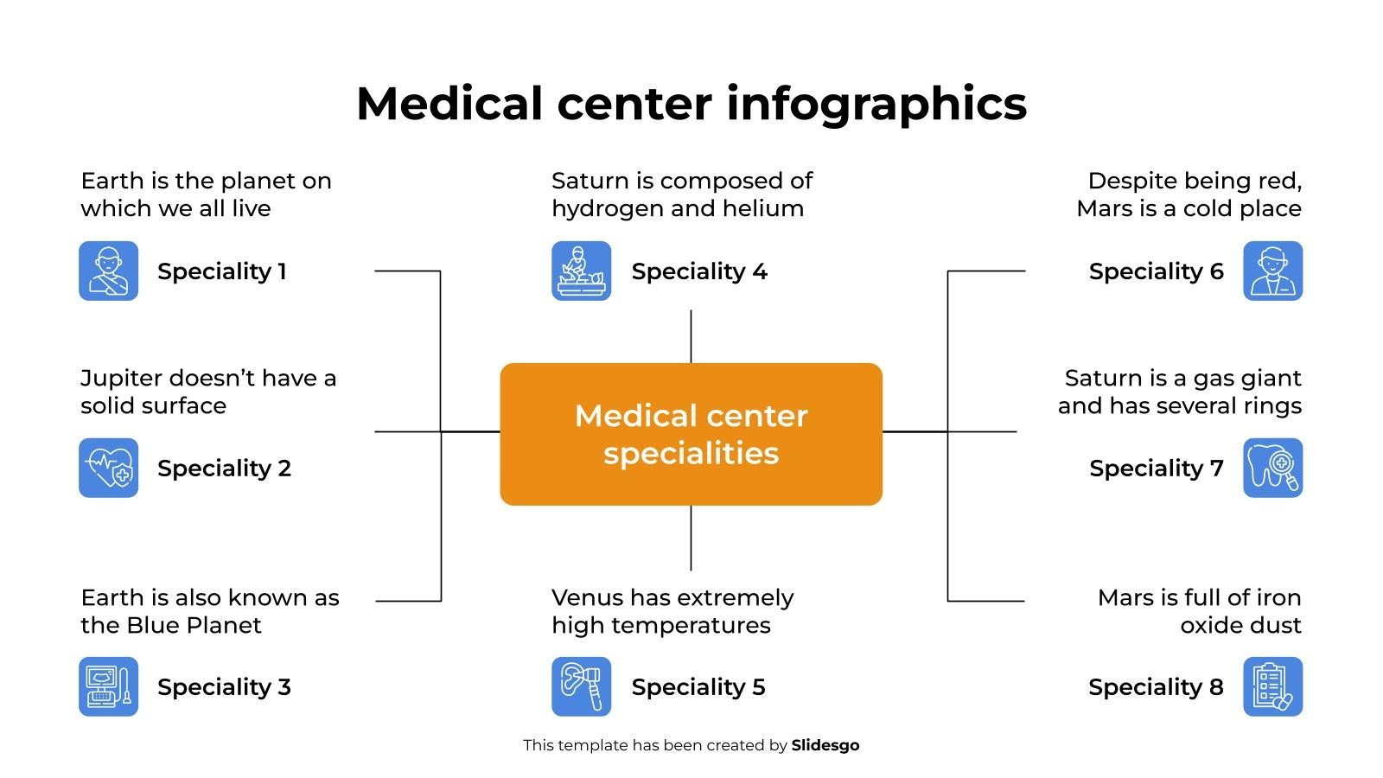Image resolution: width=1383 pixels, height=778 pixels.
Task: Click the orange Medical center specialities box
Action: [691, 434]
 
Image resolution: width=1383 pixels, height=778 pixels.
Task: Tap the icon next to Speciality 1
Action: [109, 271]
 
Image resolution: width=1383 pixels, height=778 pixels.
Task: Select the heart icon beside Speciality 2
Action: [109, 468]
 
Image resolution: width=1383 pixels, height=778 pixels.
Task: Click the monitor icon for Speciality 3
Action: [109, 687]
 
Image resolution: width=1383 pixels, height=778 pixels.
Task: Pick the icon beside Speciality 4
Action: [582, 271]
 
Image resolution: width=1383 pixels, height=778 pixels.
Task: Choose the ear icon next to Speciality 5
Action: [582, 687]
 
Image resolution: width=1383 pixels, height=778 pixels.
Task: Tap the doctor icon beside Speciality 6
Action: [1272, 271]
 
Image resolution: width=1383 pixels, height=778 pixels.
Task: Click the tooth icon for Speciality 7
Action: [1272, 468]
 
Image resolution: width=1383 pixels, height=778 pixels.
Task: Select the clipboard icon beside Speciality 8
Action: [1272, 687]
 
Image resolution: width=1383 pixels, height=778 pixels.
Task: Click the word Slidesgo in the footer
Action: [825, 745]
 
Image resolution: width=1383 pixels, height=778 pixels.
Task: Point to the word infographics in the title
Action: [876, 105]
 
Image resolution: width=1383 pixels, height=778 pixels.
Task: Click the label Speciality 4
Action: [699, 271]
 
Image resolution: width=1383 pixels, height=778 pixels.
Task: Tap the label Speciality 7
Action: [1157, 469]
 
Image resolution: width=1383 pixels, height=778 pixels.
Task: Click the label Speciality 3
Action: [224, 687]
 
